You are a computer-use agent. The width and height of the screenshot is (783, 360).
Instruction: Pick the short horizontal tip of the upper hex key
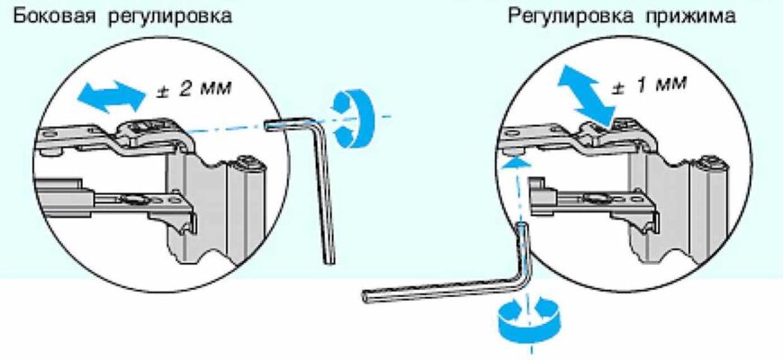click(x=288, y=122)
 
